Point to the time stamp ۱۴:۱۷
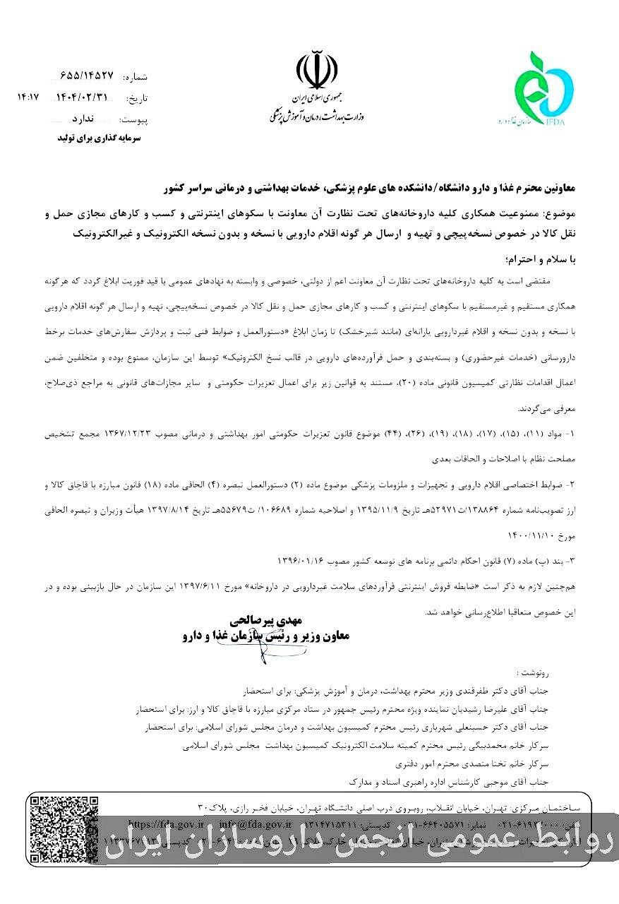(28, 97)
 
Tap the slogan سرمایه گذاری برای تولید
(100, 139)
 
